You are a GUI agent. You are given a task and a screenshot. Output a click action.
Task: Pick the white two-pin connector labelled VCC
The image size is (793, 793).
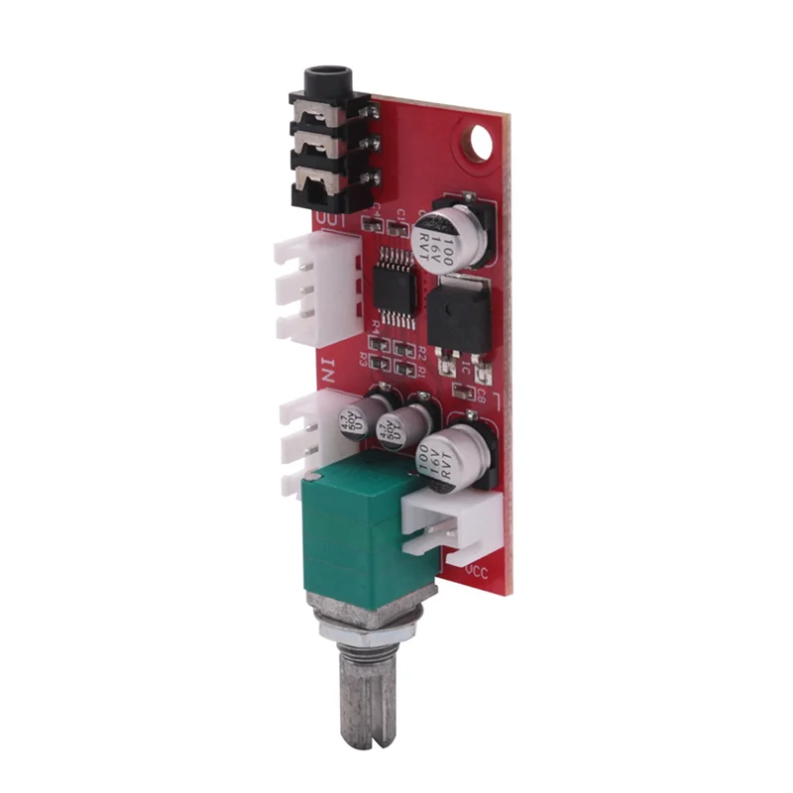pos(452,524)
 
